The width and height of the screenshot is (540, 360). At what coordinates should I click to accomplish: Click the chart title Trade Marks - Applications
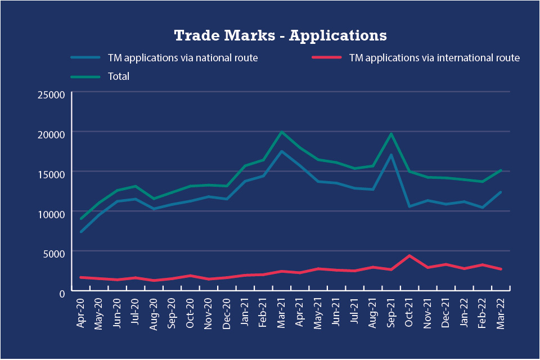coord(280,35)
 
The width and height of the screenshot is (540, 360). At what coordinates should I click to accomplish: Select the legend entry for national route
coord(182,58)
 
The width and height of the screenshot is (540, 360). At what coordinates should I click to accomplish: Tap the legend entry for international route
coord(434,58)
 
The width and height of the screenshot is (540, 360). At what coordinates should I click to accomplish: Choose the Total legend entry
coord(118,76)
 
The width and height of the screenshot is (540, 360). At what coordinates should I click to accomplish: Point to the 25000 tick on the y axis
coord(51,94)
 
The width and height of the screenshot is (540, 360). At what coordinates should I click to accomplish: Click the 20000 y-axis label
coord(51,133)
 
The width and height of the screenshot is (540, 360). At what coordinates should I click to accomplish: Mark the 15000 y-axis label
coord(51,173)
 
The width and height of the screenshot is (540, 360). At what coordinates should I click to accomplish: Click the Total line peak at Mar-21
coord(282,132)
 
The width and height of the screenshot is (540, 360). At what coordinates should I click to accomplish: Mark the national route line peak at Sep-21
coord(391,155)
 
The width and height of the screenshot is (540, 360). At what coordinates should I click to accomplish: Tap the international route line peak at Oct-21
coord(409,256)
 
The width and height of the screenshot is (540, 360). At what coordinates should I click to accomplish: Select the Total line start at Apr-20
coord(82,219)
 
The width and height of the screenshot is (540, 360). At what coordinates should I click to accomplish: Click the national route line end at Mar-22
coord(500,192)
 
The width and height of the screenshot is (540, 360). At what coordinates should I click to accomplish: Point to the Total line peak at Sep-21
coord(391,134)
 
